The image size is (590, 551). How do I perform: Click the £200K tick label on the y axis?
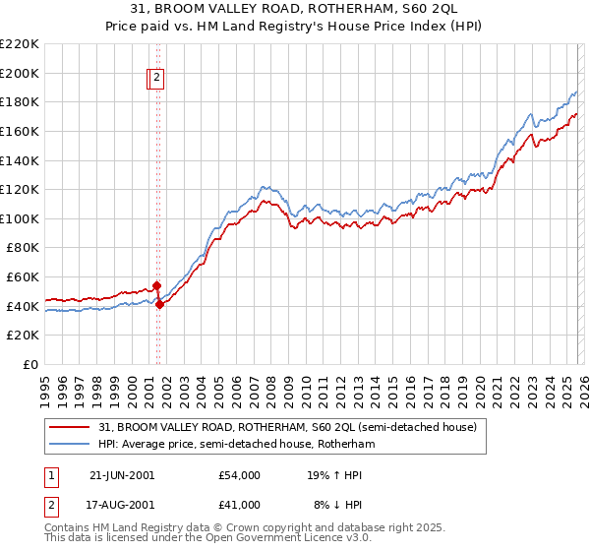tap(20, 73)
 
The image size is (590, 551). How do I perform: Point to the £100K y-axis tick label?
tap(20, 218)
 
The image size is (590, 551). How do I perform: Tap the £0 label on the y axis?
tap(30, 365)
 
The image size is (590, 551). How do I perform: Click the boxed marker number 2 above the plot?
tap(157, 80)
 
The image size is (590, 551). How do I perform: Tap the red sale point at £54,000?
tap(156, 286)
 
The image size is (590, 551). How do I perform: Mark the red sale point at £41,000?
tap(159, 305)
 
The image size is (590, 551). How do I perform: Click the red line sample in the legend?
tap(71, 427)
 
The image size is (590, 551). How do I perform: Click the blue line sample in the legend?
tap(71, 445)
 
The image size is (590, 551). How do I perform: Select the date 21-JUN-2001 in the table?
tap(122, 475)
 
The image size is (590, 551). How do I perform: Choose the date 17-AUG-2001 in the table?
tap(122, 505)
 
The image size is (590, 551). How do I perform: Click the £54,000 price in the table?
tap(240, 475)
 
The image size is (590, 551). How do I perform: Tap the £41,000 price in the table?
tap(240, 505)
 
